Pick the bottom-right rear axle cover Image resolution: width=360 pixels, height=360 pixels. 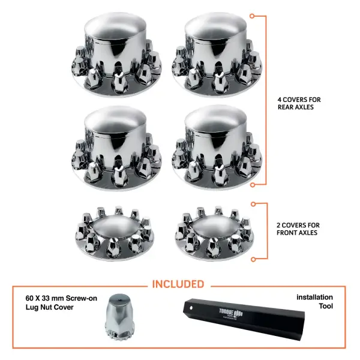[x=216, y=150]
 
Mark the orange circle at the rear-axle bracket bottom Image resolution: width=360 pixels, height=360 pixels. [x=254, y=184]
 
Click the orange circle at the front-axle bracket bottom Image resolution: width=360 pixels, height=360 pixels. [x=254, y=259]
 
